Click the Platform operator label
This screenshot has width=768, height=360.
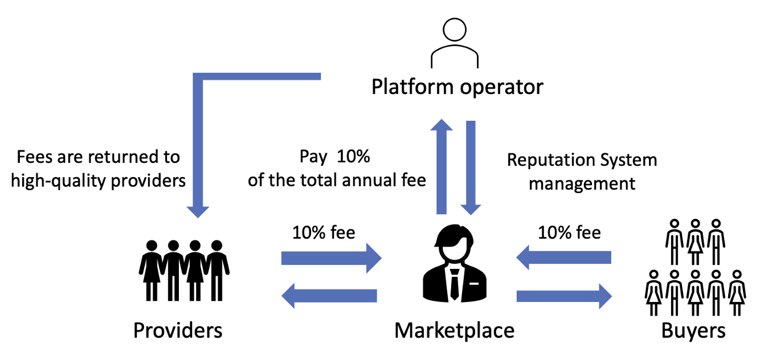(457, 87)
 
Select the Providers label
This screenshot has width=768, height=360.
(177, 330)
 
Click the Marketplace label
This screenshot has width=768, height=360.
(454, 330)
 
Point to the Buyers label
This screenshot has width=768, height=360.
(693, 330)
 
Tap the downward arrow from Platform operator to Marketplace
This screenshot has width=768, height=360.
(471, 168)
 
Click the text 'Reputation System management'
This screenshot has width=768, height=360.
(582, 172)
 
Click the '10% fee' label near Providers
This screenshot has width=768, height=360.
(324, 232)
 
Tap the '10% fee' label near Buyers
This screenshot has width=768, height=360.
(569, 232)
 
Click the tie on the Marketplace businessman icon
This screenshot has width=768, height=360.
(454, 285)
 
